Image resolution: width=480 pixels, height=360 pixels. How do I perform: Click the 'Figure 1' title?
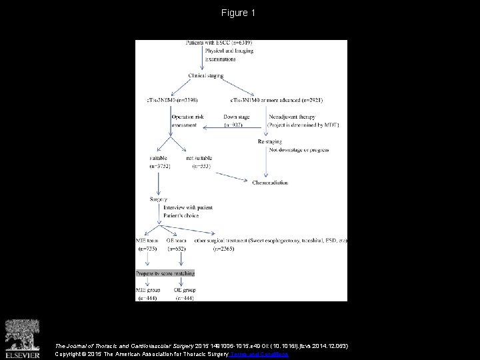click(239, 13)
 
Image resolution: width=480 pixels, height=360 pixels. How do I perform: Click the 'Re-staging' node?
click(270, 142)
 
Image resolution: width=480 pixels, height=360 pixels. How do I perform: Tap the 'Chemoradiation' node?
click(273, 181)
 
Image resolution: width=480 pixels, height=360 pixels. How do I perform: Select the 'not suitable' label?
click(199, 158)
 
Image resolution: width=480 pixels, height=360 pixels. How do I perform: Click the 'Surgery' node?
click(159, 198)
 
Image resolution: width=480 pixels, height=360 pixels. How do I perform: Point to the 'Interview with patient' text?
click(188, 207)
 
